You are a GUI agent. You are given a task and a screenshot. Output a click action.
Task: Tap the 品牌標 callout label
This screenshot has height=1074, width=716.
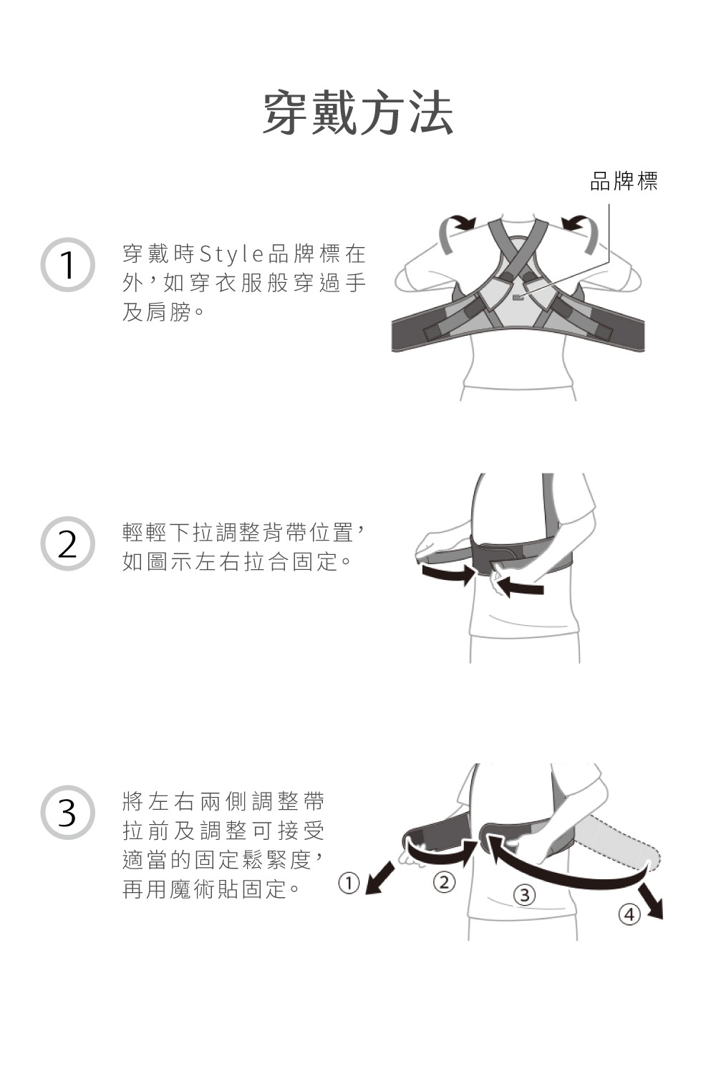click(x=623, y=182)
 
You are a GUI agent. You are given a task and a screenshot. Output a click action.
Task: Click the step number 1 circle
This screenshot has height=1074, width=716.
click(x=67, y=265)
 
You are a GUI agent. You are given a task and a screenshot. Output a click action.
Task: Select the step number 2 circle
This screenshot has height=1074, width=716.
click(x=67, y=544)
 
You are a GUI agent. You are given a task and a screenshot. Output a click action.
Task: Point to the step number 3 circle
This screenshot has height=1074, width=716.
click(x=67, y=813)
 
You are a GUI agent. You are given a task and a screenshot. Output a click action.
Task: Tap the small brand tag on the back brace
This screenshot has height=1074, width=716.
click(x=518, y=295)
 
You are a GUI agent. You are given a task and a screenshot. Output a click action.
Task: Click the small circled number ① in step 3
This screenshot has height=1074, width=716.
click(x=348, y=883)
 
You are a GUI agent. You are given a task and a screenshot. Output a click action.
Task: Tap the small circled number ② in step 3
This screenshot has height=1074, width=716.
click(x=444, y=882)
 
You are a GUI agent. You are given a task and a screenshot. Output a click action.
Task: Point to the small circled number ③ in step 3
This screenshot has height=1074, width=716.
click(x=525, y=895)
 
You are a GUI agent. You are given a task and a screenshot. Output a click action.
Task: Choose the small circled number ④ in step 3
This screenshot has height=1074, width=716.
click(x=629, y=914)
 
